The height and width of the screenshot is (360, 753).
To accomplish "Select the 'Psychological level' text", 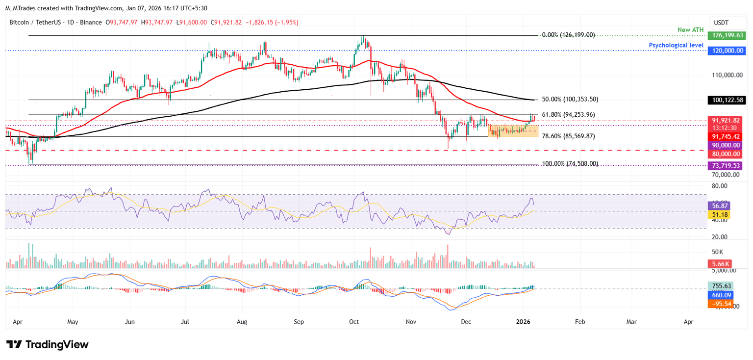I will click(x=677, y=45).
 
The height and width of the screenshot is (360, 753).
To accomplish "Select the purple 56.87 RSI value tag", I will click(x=719, y=206).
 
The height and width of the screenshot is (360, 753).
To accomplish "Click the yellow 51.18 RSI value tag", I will click(x=719, y=215).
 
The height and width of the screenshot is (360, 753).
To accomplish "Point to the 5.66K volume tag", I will click(x=719, y=263).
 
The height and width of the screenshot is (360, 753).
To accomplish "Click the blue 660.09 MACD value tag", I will click(x=719, y=295).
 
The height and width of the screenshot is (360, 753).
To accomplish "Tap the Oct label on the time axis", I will click(x=353, y=322).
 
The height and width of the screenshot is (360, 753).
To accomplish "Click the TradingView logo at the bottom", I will click(x=47, y=345).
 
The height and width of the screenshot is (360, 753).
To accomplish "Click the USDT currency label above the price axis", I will click(x=721, y=22).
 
